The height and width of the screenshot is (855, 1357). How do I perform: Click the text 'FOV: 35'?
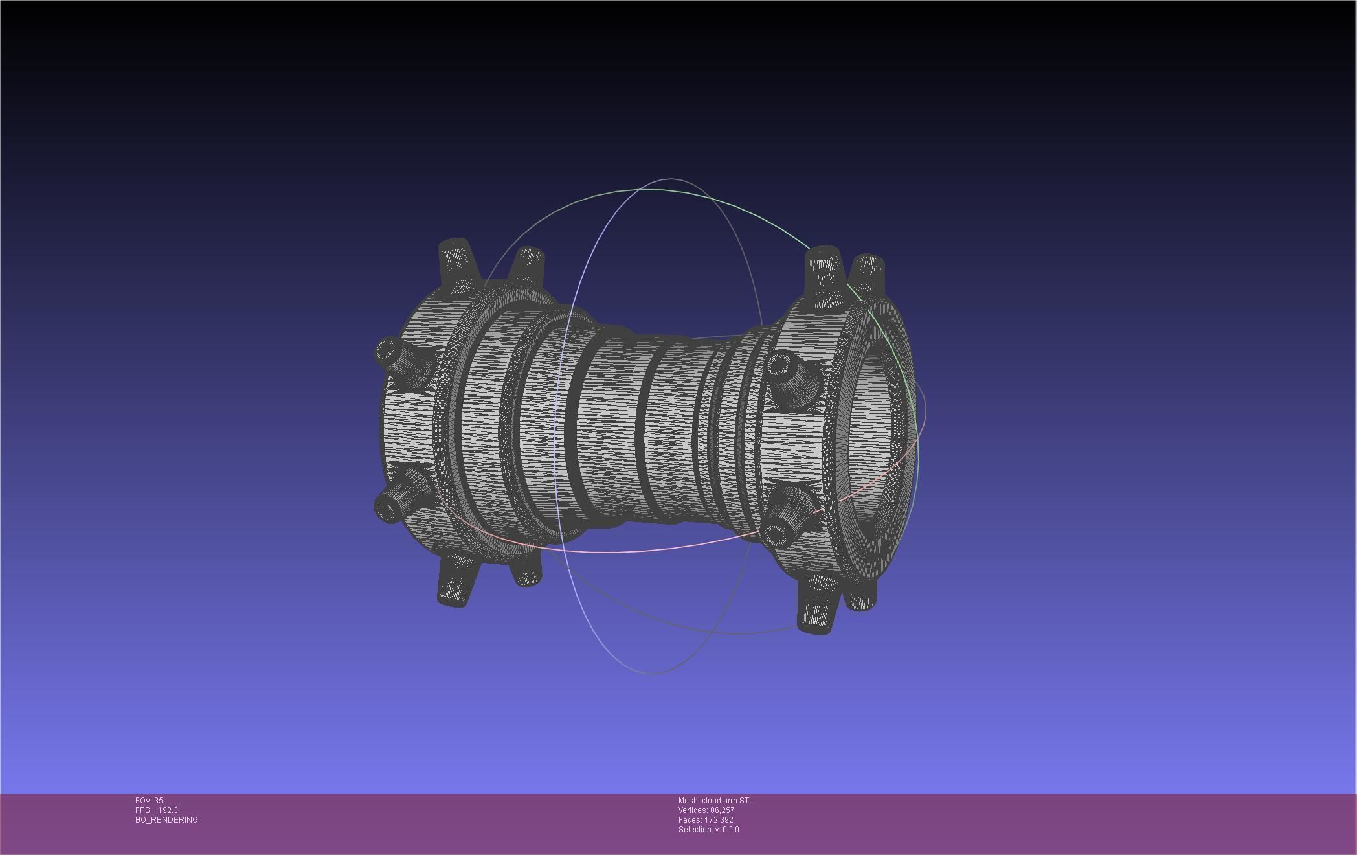(149, 801)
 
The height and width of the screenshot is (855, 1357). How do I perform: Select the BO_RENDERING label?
(166, 820)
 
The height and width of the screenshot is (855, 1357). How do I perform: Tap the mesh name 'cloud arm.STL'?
(727, 801)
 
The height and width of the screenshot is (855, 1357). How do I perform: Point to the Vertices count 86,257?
(722, 810)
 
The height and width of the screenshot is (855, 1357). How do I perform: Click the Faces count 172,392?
(719, 820)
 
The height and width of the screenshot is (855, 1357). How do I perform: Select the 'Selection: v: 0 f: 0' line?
(708, 830)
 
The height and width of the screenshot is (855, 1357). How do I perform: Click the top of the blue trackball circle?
(670, 179)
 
